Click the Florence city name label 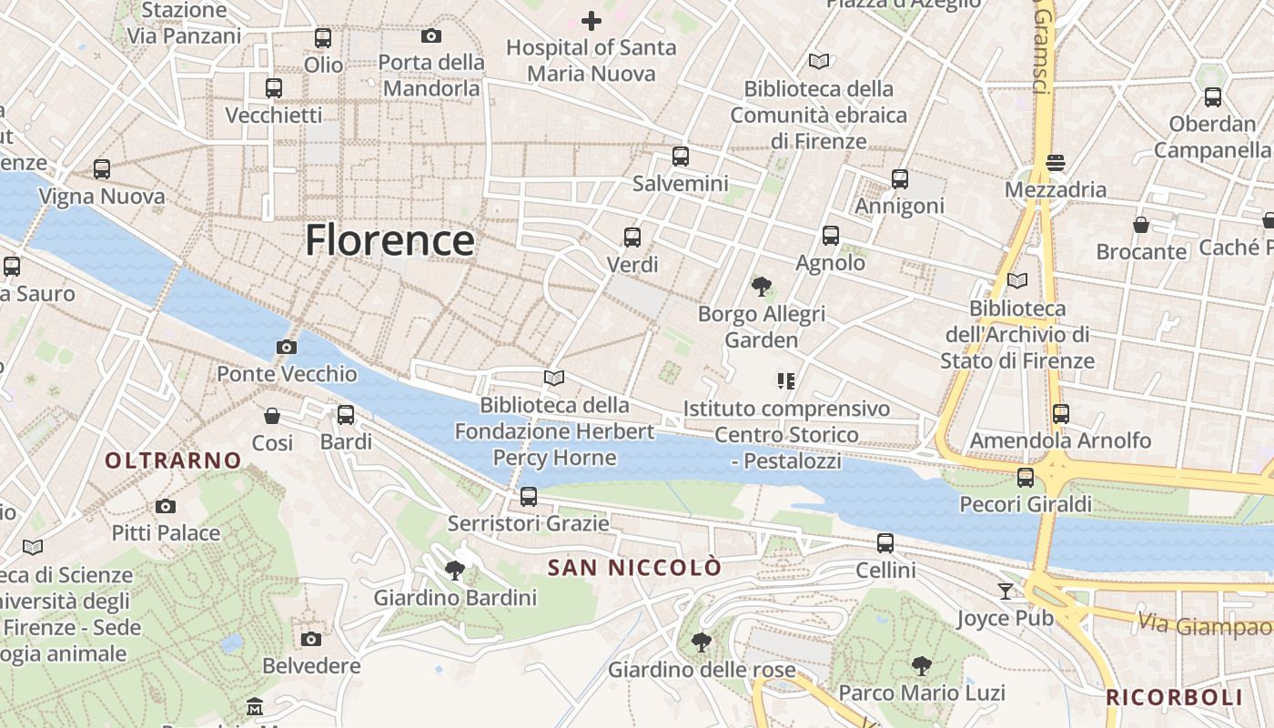389,241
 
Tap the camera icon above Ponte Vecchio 286,347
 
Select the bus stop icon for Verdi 632,238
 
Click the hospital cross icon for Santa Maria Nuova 591,20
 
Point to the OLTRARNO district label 173,460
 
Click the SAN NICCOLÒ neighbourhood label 634,568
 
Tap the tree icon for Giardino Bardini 455,571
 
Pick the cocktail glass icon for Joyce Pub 1005,591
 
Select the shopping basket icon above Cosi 272,416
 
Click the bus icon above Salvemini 681,157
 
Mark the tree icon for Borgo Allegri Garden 761,287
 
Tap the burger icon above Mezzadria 1056,163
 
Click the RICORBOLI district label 1174,698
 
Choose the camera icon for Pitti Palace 165,506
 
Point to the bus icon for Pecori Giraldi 1026,477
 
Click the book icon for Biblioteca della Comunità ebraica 819,61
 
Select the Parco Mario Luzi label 922,693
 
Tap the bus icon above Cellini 885,543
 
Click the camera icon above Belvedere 311,639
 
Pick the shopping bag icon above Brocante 1141,225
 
